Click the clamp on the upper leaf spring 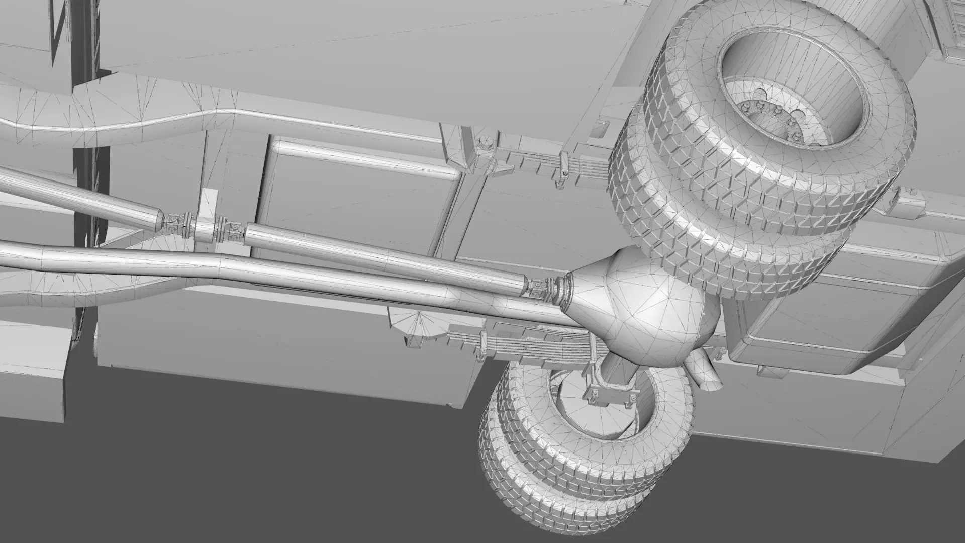coord(561,171)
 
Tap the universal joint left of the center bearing coord(176,221)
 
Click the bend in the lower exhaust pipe coord(226,261)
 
